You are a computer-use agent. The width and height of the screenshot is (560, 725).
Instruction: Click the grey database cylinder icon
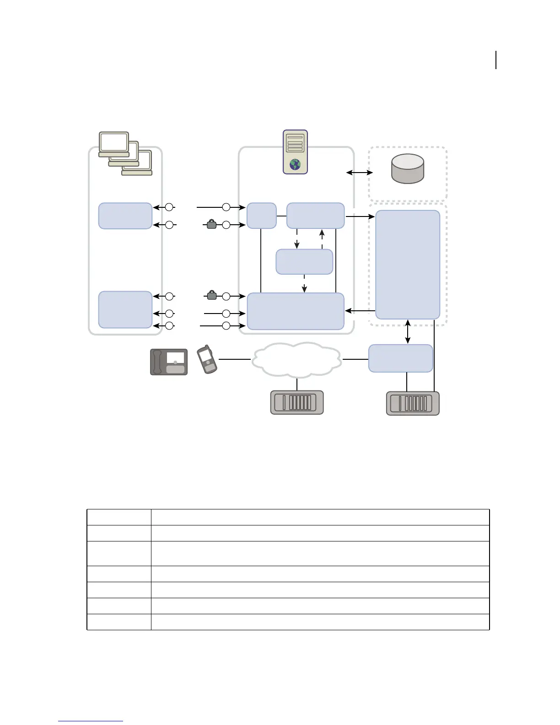[x=408, y=168]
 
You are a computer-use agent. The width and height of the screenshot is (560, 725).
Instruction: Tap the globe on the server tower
[x=295, y=165]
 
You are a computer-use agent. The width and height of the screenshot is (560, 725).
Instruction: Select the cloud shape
[x=296, y=360]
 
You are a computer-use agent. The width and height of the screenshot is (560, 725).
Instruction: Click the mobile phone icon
[x=207, y=359]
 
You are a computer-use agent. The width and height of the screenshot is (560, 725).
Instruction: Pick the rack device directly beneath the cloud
[x=297, y=402]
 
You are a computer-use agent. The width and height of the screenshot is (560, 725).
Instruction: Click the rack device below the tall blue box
[x=413, y=403]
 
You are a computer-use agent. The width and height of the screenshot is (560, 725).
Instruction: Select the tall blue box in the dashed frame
[x=407, y=265]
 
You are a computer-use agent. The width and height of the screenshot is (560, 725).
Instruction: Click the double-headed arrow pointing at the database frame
[x=360, y=173]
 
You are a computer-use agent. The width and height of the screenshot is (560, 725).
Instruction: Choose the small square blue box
[x=261, y=216]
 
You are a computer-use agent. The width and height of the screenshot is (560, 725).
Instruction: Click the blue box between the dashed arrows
[x=304, y=262]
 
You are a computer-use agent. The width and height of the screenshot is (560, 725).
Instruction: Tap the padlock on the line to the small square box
[x=211, y=224]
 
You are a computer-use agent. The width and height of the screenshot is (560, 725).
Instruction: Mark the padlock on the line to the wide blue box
[x=211, y=296]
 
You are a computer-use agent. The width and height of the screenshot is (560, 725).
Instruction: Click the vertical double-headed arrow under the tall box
[x=408, y=332]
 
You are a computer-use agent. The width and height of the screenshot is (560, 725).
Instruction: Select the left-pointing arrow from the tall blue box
[x=360, y=311]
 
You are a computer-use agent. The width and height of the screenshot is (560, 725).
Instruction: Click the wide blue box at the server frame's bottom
[x=296, y=311]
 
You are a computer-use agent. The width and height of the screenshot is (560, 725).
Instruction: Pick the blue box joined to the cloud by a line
[x=400, y=358]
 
